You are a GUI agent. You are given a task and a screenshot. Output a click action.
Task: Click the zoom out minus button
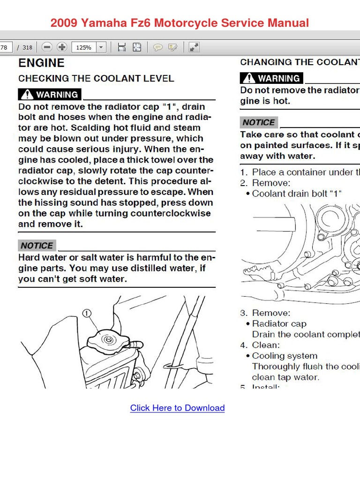point(47,47)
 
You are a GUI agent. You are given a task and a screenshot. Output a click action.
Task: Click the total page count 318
point(27,47)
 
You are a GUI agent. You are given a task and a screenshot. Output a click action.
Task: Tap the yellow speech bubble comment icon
point(158,47)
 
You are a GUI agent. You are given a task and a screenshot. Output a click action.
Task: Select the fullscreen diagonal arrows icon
point(194,47)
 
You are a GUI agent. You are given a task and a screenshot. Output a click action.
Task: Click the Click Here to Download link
point(177,408)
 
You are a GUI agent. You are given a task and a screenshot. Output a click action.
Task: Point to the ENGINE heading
point(41,63)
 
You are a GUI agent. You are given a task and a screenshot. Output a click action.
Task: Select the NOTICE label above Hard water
point(37,246)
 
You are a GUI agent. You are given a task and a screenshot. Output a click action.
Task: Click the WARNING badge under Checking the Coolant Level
point(50,95)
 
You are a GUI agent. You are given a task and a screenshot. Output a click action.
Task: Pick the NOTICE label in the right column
point(259,122)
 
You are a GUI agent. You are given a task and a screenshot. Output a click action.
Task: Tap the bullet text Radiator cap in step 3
point(279,323)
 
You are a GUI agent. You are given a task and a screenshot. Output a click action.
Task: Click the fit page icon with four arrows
point(137,47)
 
